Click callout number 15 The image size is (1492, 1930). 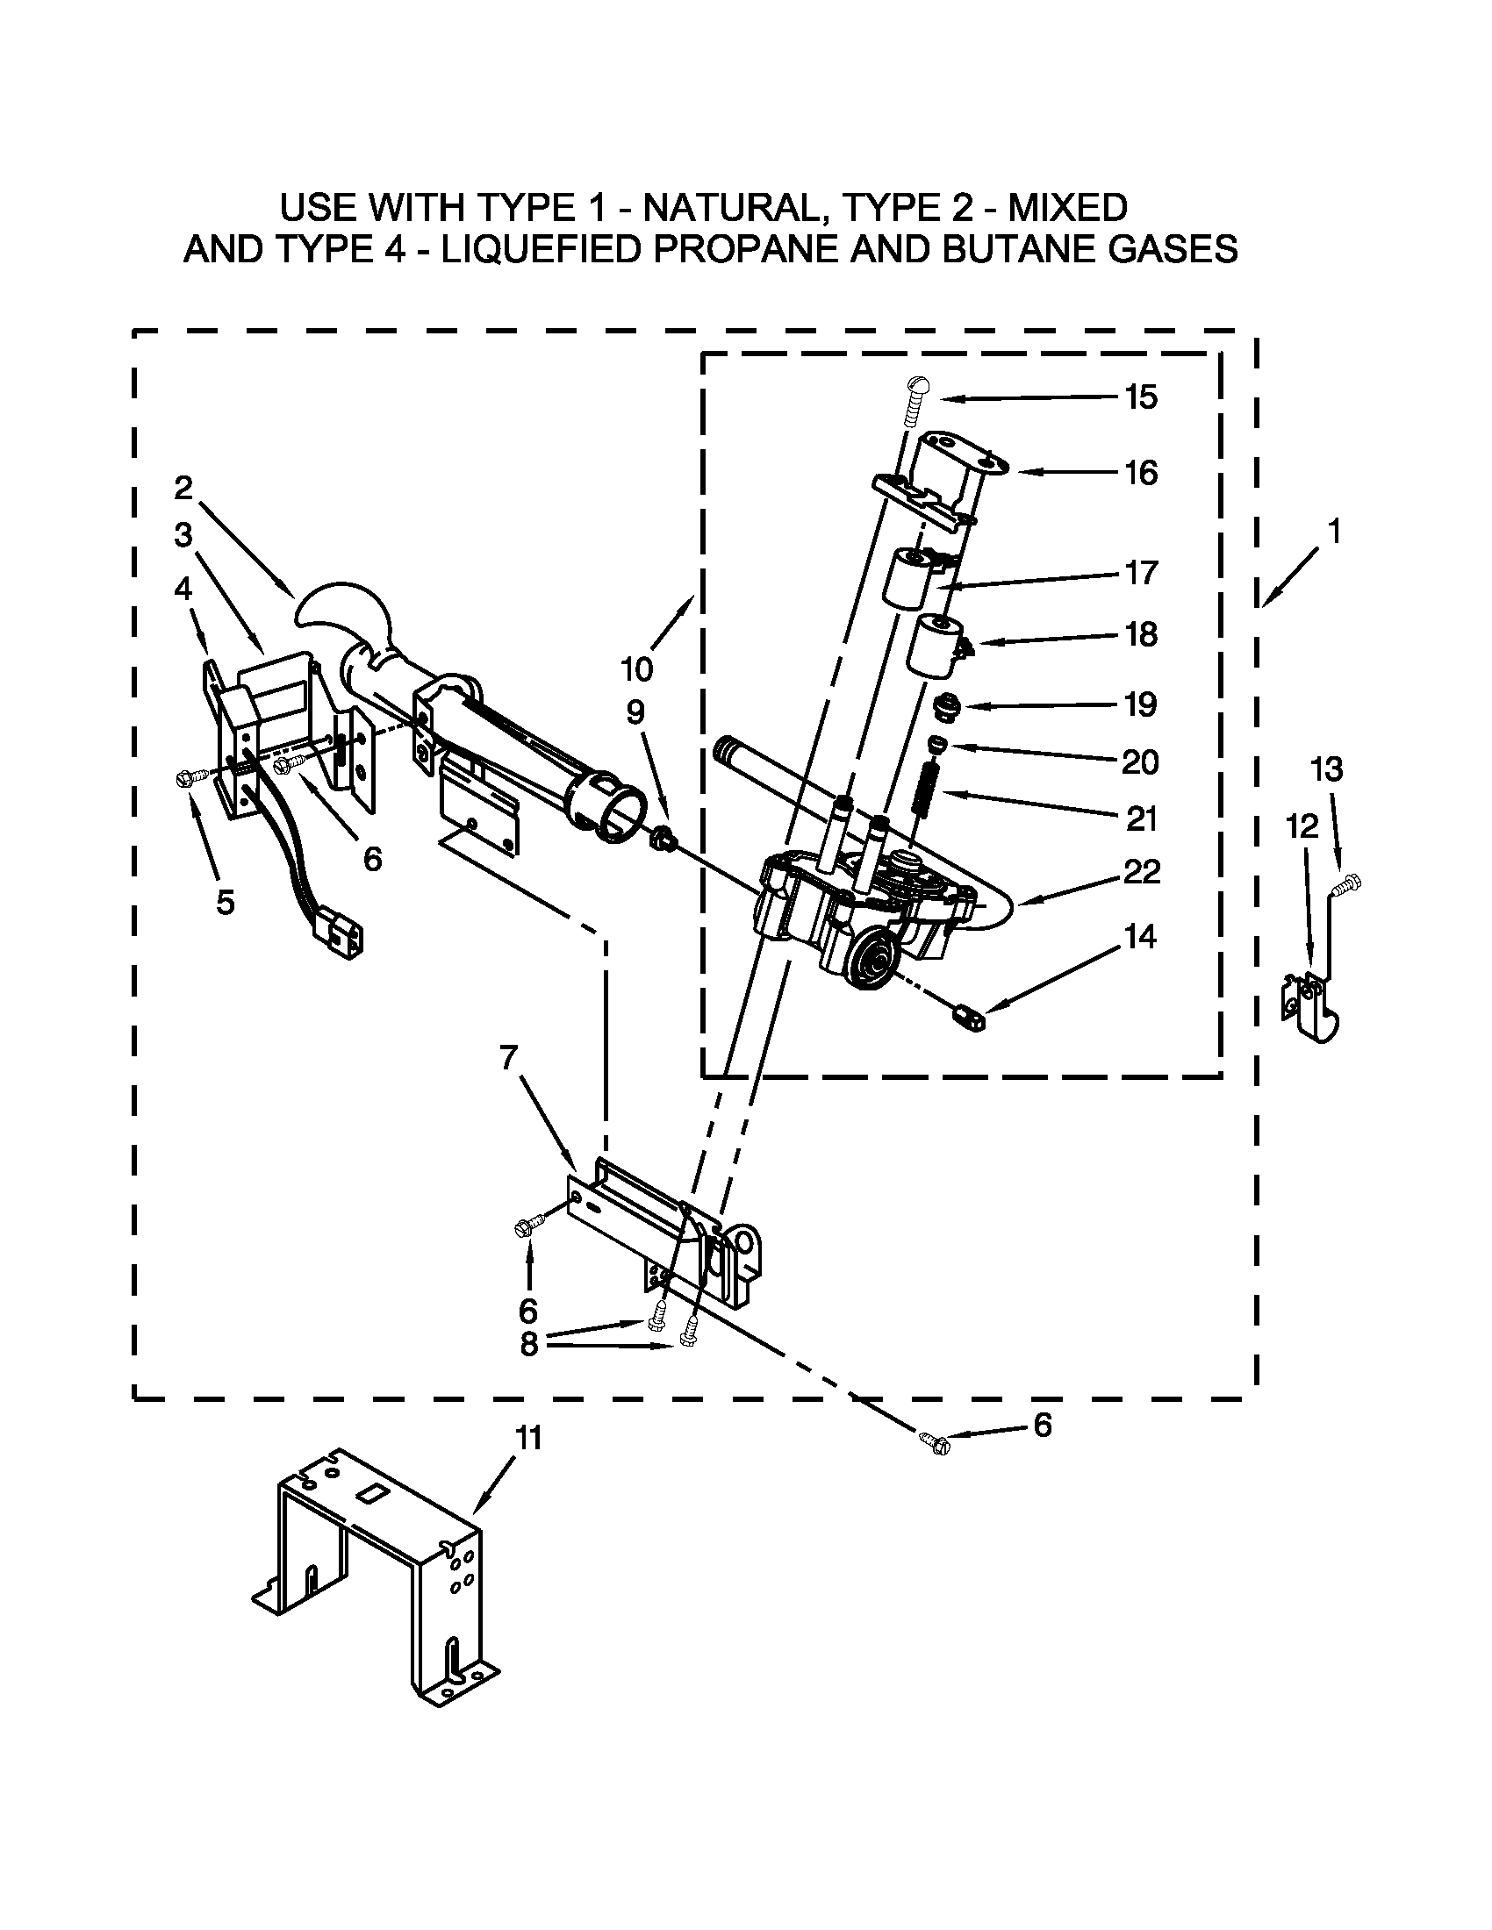[1141, 397]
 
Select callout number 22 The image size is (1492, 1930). [1141, 872]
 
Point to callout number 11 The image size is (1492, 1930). [528, 1438]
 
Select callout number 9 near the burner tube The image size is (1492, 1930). [635, 712]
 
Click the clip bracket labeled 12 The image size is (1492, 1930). [1312, 1007]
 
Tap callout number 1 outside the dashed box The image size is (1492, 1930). [1334, 532]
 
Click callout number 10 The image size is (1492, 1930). [636, 669]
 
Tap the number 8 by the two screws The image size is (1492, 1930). [528, 1343]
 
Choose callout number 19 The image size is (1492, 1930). [1141, 704]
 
